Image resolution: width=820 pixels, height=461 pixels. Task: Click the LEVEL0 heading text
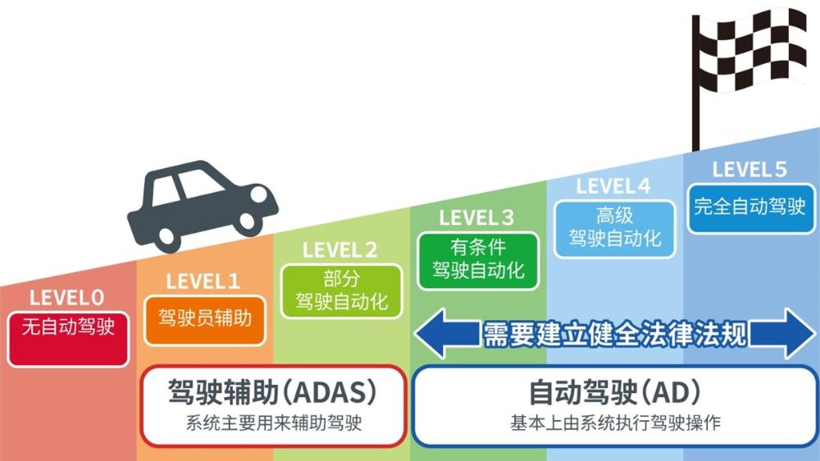(67, 297)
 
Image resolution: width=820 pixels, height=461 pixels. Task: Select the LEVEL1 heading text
(203, 281)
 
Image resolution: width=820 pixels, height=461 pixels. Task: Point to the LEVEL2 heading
(340, 250)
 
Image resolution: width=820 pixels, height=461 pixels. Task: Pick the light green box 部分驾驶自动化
(341, 290)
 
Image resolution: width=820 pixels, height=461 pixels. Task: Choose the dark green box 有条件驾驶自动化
(478, 259)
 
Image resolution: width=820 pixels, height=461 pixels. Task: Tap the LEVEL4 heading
(613, 187)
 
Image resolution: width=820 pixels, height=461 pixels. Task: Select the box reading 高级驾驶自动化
(615, 228)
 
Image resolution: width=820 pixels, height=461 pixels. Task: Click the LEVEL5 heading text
(749, 170)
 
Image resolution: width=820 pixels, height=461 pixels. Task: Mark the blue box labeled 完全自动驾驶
(750, 206)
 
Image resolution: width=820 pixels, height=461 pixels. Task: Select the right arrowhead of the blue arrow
(799, 333)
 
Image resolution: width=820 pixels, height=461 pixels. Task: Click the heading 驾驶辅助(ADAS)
(273, 393)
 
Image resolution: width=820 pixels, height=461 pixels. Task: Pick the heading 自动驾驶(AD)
(615, 393)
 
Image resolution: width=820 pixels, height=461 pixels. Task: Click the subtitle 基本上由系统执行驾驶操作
(615, 424)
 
